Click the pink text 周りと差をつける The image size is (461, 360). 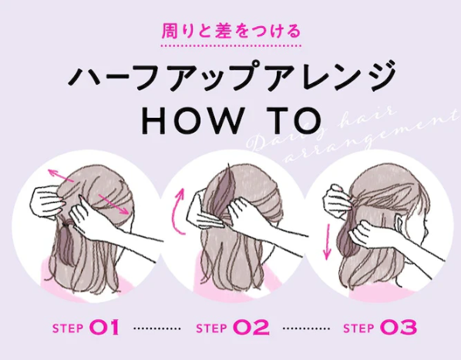pyautogui.click(x=230, y=32)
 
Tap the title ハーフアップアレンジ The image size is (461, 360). pyautogui.click(x=231, y=78)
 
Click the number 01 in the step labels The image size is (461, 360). pyautogui.click(x=105, y=328)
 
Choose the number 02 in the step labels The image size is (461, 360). pyautogui.click(x=251, y=328)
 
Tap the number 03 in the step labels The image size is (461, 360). pyautogui.click(x=398, y=328)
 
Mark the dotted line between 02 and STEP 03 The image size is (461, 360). pyautogui.click(x=306, y=328)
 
